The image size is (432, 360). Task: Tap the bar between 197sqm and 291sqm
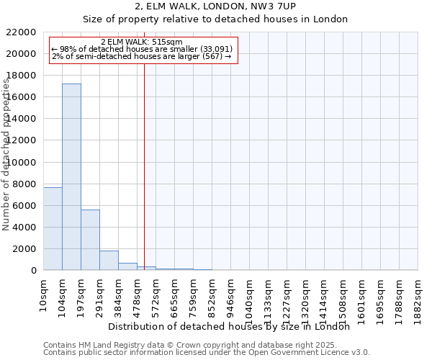[90, 240]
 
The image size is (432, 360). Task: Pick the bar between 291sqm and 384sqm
[109, 260]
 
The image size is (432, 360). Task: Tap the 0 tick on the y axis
[33, 270]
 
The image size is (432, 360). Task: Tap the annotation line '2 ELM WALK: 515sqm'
[142, 42]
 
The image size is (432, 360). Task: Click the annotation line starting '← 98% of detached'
[142, 49]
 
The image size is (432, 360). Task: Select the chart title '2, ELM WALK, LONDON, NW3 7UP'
[215, 6]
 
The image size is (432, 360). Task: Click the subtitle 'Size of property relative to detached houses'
[215, 19]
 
